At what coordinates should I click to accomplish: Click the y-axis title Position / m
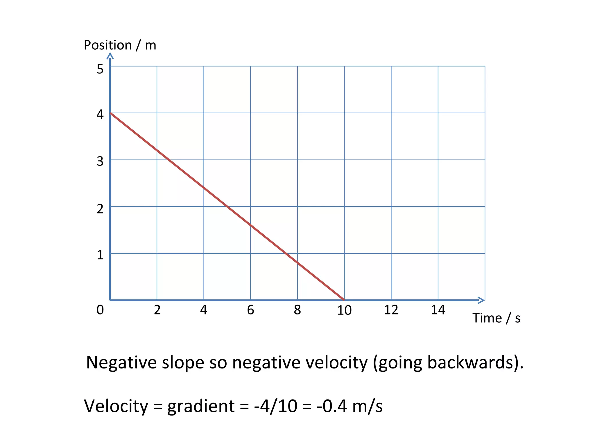(120, 45)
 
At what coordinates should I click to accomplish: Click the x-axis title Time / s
(496, 318)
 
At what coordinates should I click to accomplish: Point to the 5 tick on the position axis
(100, 69)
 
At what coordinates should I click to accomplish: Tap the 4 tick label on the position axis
(100, 114)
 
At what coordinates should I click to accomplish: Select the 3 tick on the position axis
(100, 161)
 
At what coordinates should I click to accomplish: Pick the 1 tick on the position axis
(100, 255)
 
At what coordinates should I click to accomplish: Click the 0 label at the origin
(100, 310)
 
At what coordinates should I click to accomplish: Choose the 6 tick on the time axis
(250, 310)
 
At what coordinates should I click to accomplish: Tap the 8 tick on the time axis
(297, 310)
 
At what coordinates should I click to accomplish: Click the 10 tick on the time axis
(344, 310)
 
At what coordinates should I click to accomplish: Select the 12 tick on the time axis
(391, 310)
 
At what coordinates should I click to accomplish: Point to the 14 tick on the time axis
(438, 310)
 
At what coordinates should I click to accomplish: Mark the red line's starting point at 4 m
(110, 113)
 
